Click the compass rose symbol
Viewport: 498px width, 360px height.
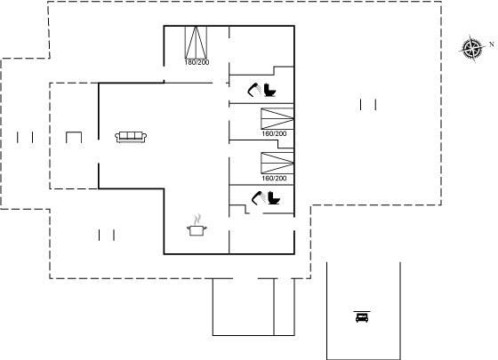[x=472, y=49]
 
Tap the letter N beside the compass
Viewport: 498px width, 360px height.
[x=492, y=44]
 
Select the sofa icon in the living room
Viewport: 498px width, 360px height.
[x=131, y=137]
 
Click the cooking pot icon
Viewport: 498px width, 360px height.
[x=197, y=230]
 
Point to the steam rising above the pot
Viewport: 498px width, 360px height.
[x=197, y=219]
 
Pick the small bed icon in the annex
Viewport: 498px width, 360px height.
[x=362, y=317]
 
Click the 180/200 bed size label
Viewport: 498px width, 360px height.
[x=197, y=62]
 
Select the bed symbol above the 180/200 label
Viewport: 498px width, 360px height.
[x=196, y=43]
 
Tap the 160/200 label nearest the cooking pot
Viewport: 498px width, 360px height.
[x=274, y=179]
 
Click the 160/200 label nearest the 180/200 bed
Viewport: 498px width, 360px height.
[x=274, y=133]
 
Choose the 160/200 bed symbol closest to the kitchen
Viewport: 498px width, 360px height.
[x=277, y=164]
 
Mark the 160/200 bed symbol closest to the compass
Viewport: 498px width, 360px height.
[x=277, y=119]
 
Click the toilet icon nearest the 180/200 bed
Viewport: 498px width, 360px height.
[x=269, y=90]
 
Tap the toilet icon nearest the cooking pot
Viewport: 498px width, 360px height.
[x=274, y=198]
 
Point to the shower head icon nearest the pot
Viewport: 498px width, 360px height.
[x=259, y=198]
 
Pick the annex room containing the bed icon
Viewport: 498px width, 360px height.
[x=364, y=311]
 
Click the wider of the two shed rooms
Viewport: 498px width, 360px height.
[x=244, y=307]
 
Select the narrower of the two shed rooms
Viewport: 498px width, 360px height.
[x=285, y=307]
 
